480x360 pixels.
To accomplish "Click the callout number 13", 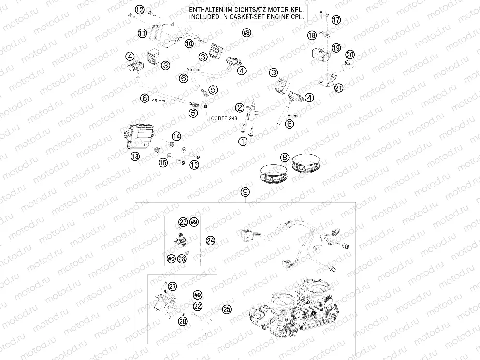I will (x=134, y=156).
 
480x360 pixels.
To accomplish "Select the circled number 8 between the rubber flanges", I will (x=285, y=157).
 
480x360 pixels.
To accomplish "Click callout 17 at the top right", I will (x=336, y=20).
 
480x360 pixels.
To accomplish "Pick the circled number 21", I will (x=338, y=87).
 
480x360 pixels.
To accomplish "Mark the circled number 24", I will (x=210, y=240).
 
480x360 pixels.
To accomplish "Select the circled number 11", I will (x=142, y=33).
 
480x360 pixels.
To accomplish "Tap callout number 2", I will (x=239, y=107).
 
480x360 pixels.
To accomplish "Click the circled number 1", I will (x=242, y=141).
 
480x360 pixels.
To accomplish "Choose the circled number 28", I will (x=182, y=322).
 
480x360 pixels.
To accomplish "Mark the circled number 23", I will (x=182, y=259).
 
